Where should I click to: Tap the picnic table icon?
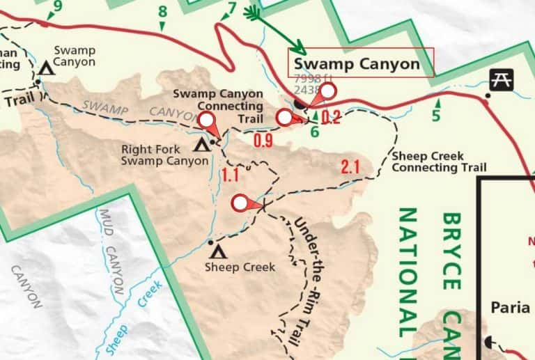499,80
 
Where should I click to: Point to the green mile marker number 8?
163,12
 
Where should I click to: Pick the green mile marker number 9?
57,6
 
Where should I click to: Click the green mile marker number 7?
231,9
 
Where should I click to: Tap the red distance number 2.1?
350,166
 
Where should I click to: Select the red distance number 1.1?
231,175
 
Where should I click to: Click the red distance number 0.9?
263,141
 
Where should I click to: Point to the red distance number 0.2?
331,118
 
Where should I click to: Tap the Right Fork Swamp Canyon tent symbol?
202,145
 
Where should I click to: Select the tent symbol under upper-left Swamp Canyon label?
47,68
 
